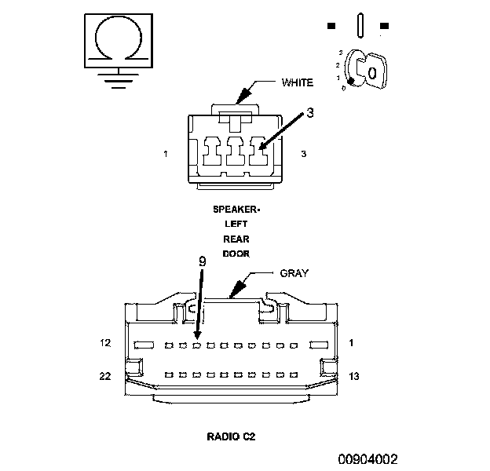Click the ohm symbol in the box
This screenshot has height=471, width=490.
[x=119, y=39]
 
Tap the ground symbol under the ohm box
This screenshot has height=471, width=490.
[x=118, y=78]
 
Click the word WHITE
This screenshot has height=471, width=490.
[x=297, y=82]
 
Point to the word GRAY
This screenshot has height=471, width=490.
[x=294, y=273]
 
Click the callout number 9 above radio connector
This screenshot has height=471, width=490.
[x=203, y=260]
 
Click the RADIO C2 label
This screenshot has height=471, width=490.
[x=231, y=435]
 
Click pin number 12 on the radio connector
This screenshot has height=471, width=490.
[x=106, y=343]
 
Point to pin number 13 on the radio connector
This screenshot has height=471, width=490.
[x=353, y=376]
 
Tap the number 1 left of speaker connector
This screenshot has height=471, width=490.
[x=166, y=154]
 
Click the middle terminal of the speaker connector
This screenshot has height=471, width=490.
[x=234, y=151]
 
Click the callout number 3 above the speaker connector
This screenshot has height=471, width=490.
[x=310, y=112]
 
